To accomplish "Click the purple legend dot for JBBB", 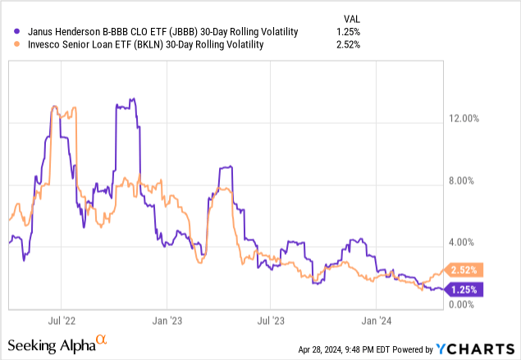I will [8, 31].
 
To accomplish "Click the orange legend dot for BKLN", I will [8, 45].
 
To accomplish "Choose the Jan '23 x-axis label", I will [167, 321].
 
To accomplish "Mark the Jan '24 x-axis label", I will [376, 321].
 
